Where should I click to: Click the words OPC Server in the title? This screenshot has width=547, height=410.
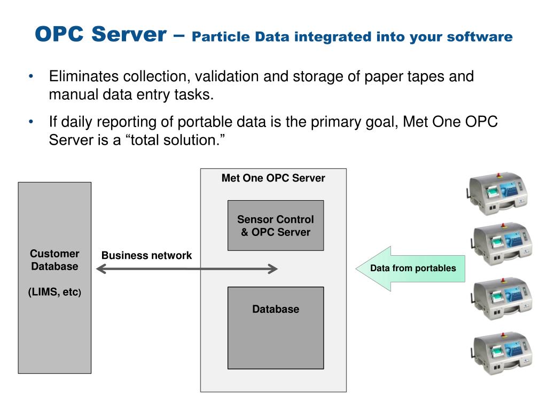click(x=100, y=35)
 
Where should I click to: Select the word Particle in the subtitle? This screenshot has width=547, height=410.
click(x=220, y=37)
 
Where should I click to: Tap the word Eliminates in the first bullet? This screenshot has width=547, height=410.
click(x=85, y=76)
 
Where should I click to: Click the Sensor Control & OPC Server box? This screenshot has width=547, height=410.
click(x=276, y=225)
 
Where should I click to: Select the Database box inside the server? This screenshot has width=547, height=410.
click(x=276, y=327)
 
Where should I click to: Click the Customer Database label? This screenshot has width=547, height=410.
click(x=54, y=260)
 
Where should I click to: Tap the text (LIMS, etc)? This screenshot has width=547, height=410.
click(x=54, y=292)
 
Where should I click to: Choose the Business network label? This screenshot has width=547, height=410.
click(x=146, y=255)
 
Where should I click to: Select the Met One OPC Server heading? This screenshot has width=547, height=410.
click(x=273, y=178)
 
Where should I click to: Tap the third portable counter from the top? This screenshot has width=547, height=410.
click(x=501, y=297)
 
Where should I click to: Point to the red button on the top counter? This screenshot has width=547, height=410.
click(x=501, y=174)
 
